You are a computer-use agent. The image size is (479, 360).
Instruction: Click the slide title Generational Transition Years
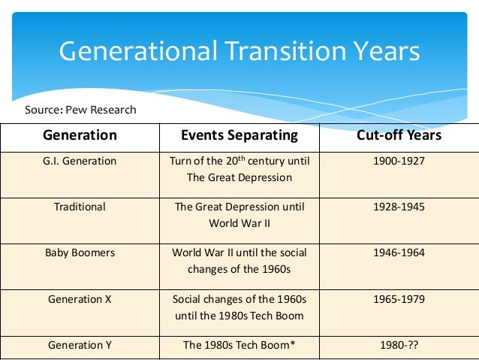click(239, 52)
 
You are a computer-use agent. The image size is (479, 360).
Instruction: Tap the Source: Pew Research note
click(80, 110)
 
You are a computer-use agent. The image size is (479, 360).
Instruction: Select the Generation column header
click(80, 136)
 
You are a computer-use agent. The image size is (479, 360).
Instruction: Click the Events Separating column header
click(239, 136)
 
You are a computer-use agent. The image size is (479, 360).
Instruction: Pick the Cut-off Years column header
click(399, 136)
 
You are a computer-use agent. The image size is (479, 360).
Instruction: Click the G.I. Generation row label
click(80, 161)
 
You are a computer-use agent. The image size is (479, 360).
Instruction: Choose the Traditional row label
click(80, 206)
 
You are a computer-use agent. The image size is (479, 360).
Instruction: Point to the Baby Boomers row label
click(80, 253)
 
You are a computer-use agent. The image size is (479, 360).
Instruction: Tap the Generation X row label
click(80, 299)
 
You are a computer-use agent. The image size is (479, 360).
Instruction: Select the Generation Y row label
click(80, 345)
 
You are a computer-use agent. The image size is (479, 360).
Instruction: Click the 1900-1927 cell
click(399, 161)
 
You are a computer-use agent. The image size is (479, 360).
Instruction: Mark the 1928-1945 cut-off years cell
click(399, 206)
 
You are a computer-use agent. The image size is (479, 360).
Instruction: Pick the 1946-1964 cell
click(399, 253)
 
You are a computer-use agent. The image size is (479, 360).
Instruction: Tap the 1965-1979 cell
click(399, 299)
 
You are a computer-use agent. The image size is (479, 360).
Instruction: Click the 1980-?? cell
click(399, 345)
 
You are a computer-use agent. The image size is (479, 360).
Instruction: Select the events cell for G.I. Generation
click(239, 169)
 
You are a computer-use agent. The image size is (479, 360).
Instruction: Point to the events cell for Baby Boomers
click(239, 261)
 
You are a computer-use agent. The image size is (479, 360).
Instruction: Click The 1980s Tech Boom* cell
click(239, 345)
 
